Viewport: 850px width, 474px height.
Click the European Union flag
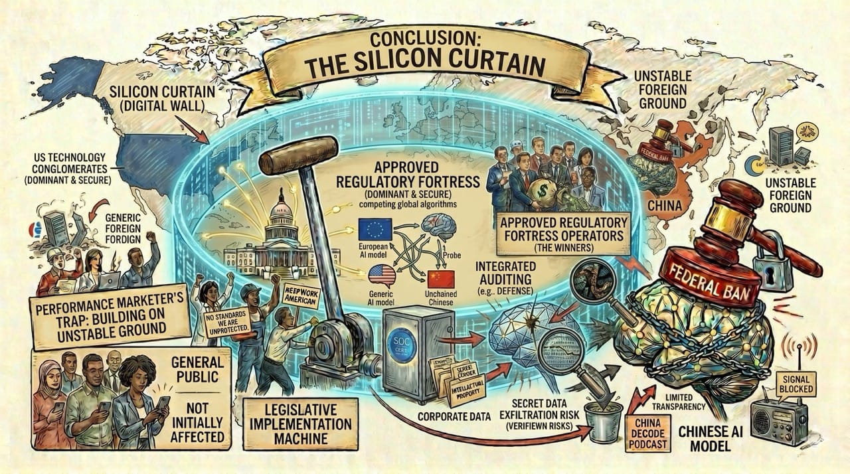(x=375, y=229)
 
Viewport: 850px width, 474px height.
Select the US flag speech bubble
(x=381, y=274)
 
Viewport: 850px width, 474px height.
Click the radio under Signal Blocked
(x=778, y=422)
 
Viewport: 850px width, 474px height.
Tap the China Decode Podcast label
(x=647, y=434)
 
